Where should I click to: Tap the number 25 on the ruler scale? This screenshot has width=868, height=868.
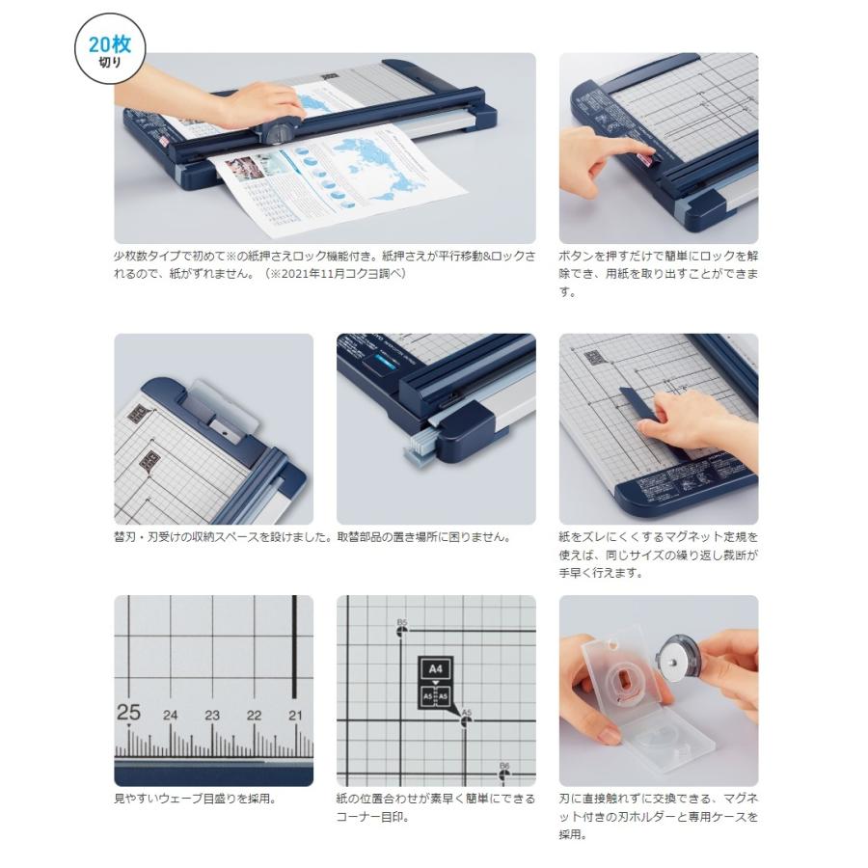(128, 713)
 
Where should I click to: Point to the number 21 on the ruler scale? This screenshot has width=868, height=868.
(295, 715)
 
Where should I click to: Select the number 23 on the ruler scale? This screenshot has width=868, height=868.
(212, 715)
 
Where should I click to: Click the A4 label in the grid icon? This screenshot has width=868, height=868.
(434, 667)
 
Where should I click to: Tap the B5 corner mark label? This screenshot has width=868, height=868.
(402, 622)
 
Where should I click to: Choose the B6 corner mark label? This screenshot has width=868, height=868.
(503, 766)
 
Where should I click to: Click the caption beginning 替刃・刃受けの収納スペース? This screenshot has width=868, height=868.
(223, 537)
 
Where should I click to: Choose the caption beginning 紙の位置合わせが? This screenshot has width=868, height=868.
(436, 807)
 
